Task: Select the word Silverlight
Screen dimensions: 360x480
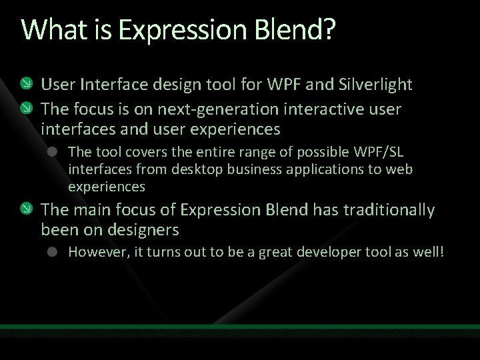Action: (x=375, y=85)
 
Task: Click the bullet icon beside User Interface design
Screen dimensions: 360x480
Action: (x=27, y=85)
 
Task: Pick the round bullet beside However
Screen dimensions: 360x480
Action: (x=54, y=253)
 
